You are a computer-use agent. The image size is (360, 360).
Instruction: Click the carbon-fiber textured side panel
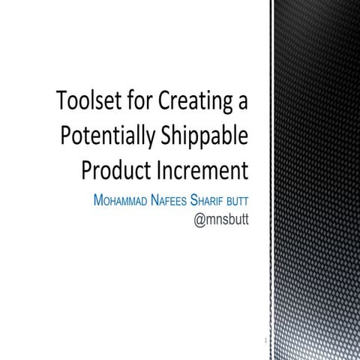[x=315, y=180]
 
